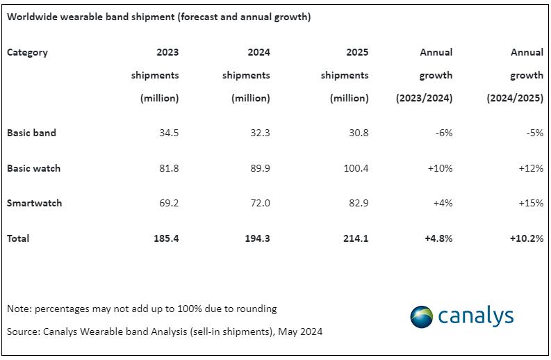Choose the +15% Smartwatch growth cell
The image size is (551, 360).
[531, 204]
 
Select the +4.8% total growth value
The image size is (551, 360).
[438, 238]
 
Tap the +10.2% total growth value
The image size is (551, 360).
[526, 238]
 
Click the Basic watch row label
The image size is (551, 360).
[33, 168]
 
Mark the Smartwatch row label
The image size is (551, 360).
[34, 204]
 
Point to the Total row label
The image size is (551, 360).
[18, 238]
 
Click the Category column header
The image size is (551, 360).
[27, 52]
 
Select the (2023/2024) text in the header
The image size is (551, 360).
[424, 98]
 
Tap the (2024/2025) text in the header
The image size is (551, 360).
[515, 98]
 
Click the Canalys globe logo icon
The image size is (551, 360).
[421, 317]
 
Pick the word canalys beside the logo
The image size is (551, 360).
[476, 317]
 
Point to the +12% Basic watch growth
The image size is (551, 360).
[531, 168]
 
